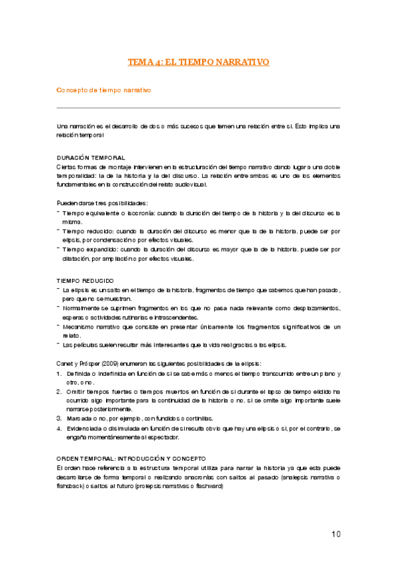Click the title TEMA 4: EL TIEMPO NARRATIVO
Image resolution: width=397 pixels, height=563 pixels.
click(198, 62)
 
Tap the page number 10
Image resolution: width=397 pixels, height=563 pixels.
click(335, 534)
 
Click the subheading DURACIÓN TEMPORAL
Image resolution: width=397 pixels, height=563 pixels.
click(91, 157)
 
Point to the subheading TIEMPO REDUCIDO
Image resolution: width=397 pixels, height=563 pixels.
click(85, 281)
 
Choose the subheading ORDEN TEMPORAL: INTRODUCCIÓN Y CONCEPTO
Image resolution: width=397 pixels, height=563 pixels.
click(131, 440)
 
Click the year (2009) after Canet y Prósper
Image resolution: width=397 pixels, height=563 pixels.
click(113, 364)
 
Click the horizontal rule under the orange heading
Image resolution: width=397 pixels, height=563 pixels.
click(198, 108)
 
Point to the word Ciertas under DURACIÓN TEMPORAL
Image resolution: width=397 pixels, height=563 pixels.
click(67, 166)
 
